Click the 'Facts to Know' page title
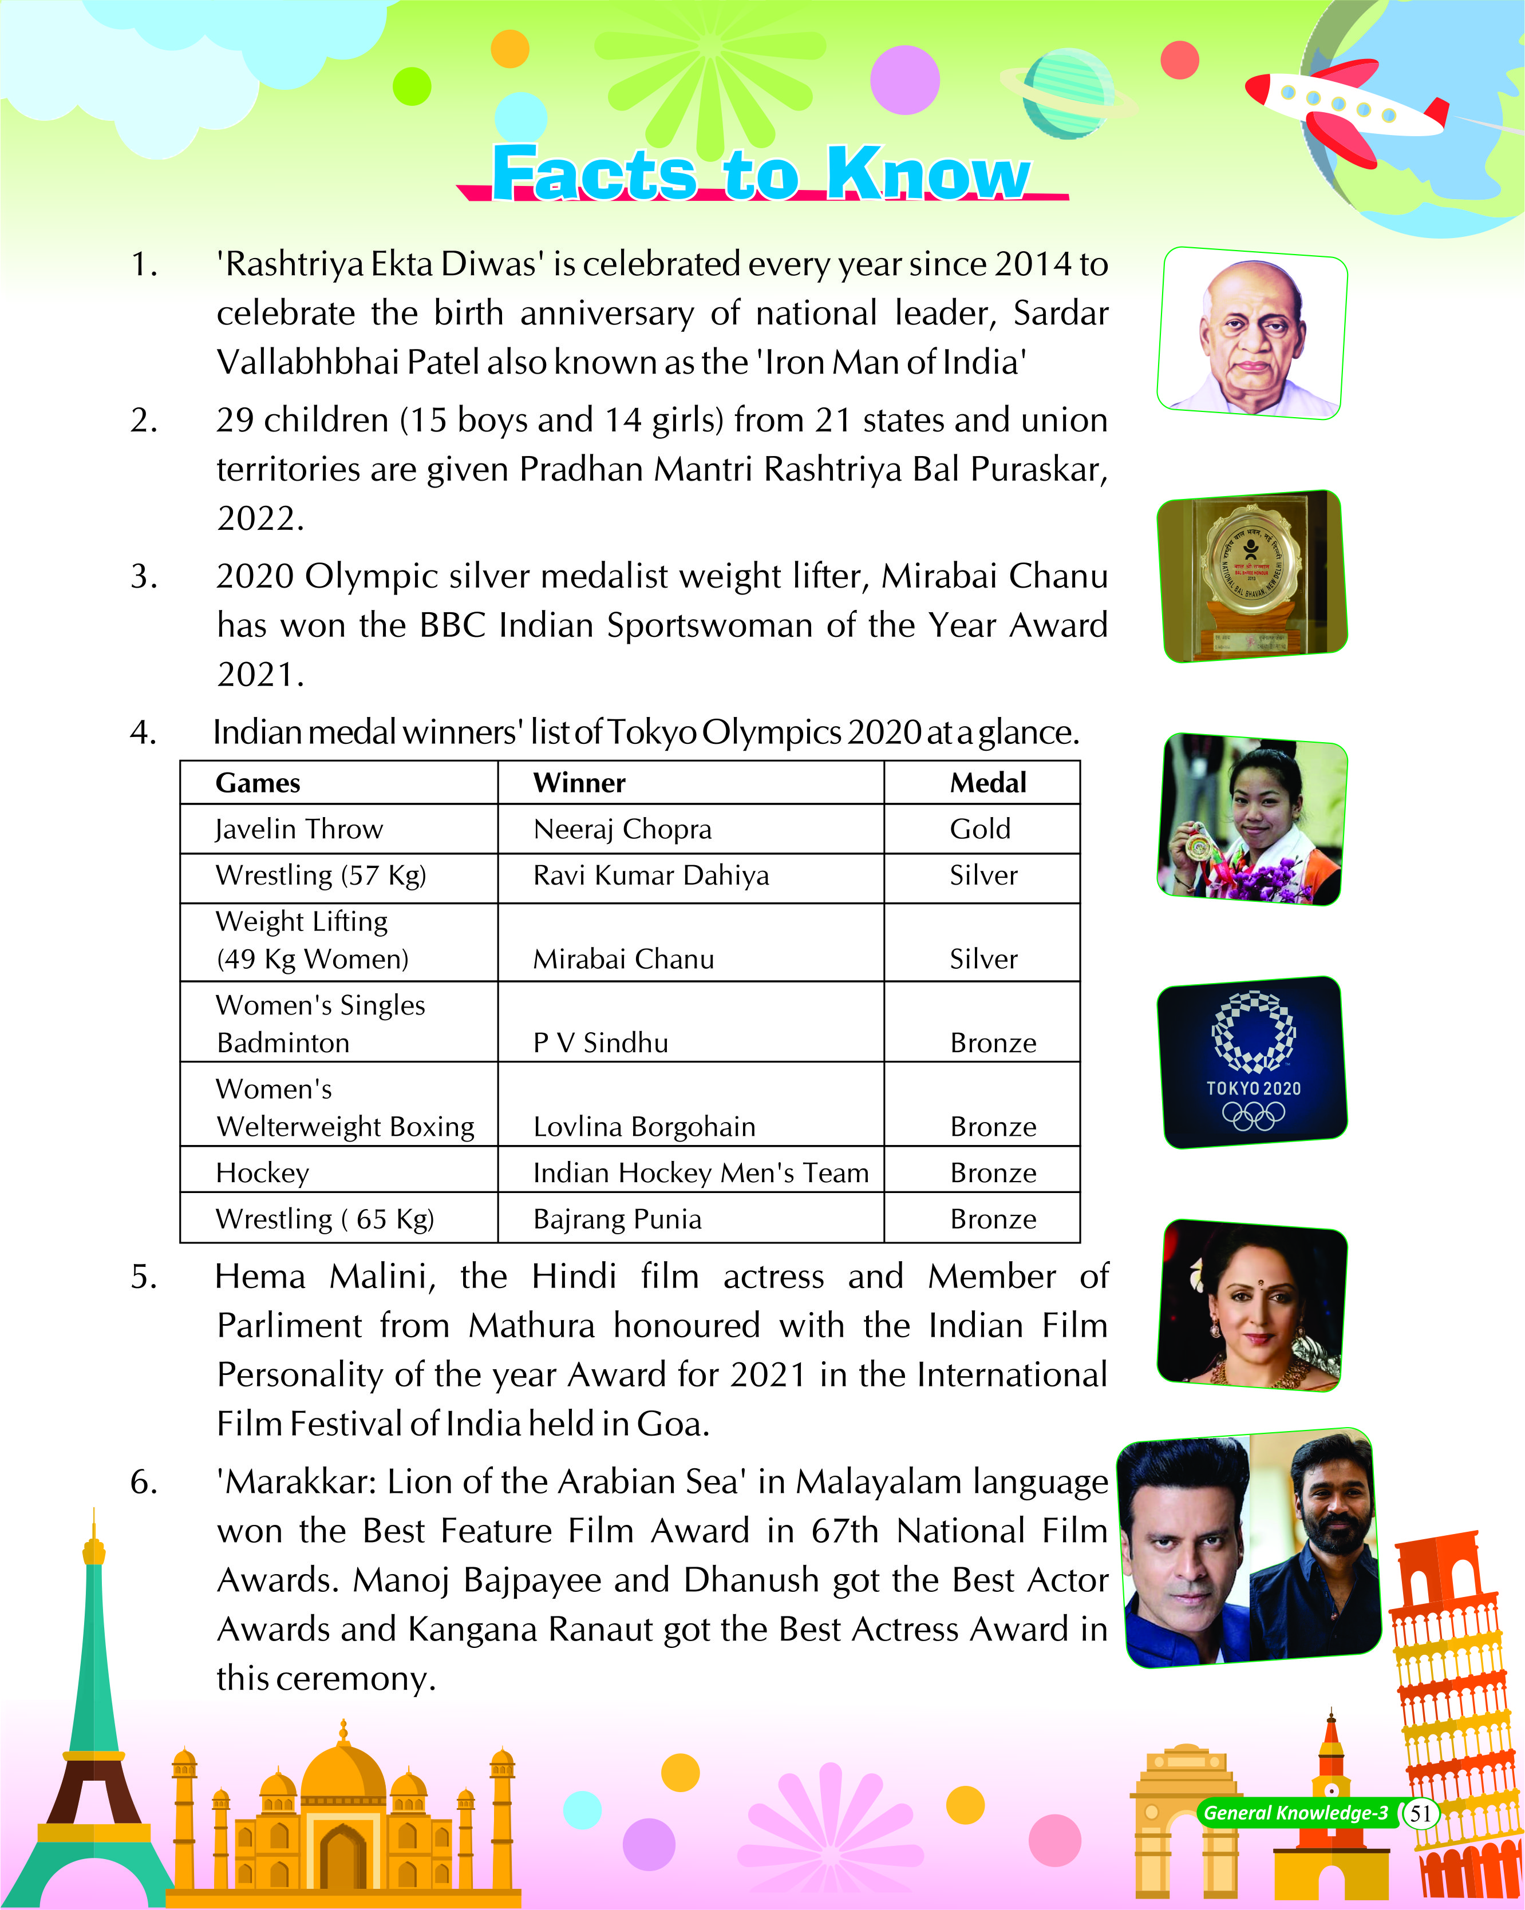pyautogui.click(x=760, y=173)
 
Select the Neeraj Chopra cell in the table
pyautogui.click(x=622, y=829)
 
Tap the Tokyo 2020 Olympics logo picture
pyautogui.click(x=1252, y=1062)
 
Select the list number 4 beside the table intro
pyautogui.click(x=144, y=732)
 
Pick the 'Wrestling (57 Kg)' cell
pyautogui.click(x=321, y=875)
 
